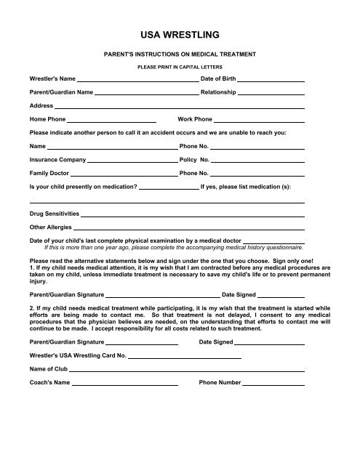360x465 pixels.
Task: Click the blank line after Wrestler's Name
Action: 137,78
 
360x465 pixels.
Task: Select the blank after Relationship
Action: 271,94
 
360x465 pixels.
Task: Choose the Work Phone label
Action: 195,118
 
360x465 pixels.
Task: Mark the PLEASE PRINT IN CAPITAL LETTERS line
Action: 180,65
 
